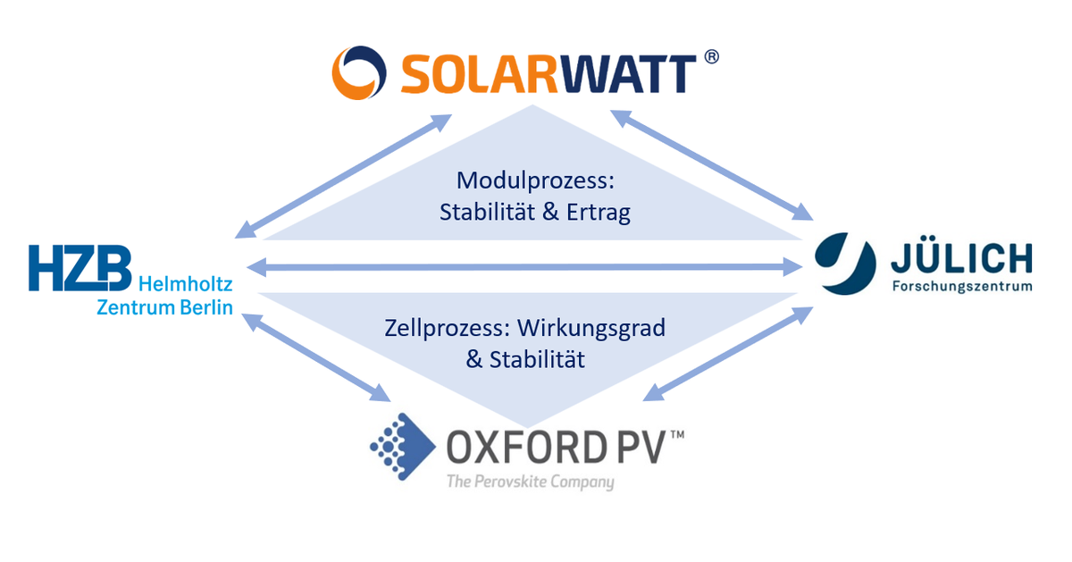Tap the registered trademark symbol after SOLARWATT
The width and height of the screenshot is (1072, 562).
pos(711,57)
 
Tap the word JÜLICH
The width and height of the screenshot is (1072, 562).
pos(960,259)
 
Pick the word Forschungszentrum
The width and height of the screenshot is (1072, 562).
pos(961,287)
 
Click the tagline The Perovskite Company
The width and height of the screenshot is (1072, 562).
pos(531,482)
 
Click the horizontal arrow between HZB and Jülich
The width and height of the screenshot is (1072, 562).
pos(523,265)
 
